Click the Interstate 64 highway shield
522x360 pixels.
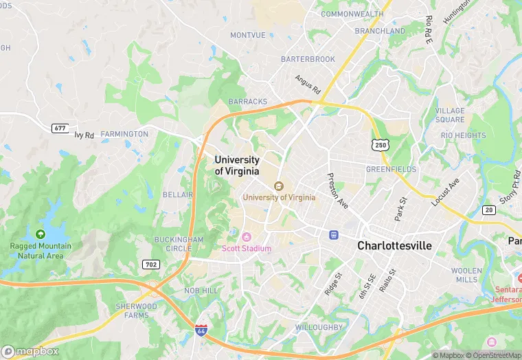pos(201,330)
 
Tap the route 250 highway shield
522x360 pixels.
pos(381,144)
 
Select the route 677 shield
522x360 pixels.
pos(60,128)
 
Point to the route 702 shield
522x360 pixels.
pos(151,265)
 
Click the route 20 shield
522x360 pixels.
pos(489,210)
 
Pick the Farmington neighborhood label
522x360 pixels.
pos(124,134)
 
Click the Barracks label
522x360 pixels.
pos(248,102)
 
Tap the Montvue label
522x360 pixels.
pos(247,35)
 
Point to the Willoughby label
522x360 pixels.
pos(319,327)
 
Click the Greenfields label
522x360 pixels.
pos(391,169)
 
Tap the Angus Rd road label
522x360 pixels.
pos(308,85)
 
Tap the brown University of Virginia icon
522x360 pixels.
pos(279,186)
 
